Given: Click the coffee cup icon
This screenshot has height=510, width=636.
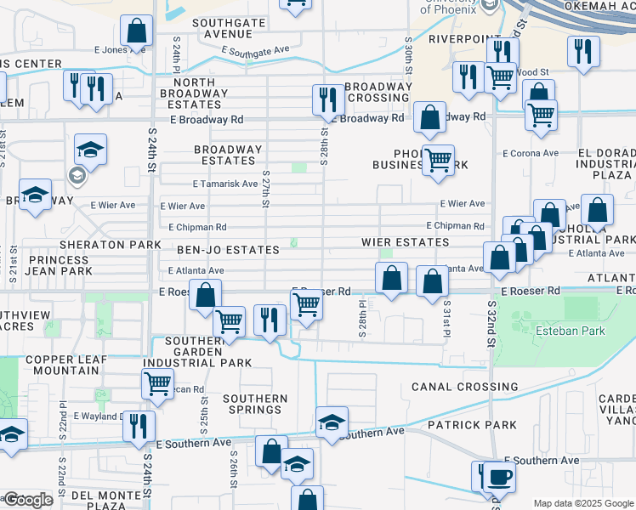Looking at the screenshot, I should point(498,476).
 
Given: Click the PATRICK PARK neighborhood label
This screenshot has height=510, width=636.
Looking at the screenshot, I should point(460,424).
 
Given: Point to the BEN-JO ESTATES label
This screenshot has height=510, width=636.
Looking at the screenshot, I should point(228,250).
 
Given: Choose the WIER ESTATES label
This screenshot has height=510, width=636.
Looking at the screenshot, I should point(405,242).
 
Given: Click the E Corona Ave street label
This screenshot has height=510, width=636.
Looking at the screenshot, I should point(530,154).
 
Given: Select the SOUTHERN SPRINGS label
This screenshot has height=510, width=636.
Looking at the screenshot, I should point(255,404).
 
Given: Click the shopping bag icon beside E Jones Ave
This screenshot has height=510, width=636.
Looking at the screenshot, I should point(136,32).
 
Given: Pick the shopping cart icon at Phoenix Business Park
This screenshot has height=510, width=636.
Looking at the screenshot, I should point(438,158).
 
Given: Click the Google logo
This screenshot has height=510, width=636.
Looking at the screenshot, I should point(27,500).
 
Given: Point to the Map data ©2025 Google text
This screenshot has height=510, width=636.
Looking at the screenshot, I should point(582,502).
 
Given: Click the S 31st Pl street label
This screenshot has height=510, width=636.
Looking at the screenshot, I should point(445,322).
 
